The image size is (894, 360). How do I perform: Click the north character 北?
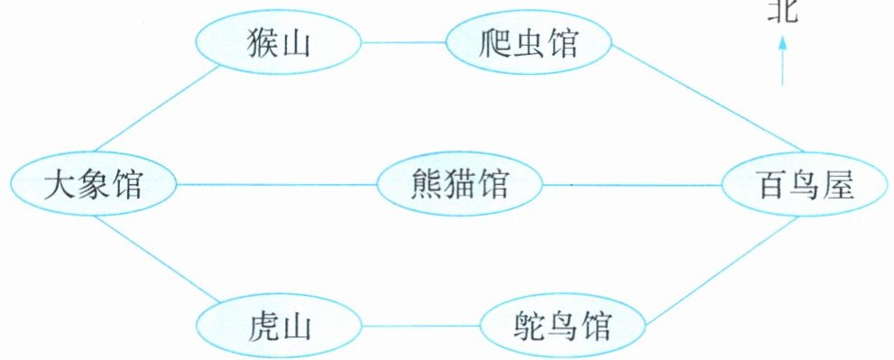(x=782, y=11)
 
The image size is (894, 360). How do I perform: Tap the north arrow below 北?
(x=782, y=60)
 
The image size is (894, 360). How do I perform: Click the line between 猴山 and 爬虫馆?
(x=403, y=42)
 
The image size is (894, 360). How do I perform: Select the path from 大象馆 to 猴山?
(x=157, y=108)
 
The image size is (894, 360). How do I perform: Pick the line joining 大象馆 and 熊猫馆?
(x=277, y=185)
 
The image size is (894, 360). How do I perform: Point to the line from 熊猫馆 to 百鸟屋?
(x=632, y=185)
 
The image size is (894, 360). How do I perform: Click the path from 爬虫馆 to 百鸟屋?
(x=707, y=99)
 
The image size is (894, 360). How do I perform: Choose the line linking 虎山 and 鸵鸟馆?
(x=420, y=327)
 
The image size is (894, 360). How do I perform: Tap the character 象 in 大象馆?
(x=93, y=185)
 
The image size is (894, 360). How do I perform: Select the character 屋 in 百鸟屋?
(x=839, y=185)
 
